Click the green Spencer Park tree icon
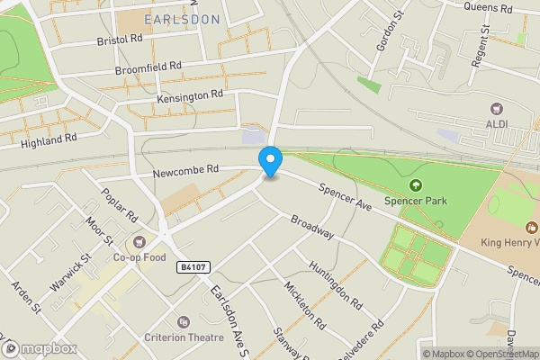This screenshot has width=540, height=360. coord(415,186)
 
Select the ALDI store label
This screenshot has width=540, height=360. coord(497,123)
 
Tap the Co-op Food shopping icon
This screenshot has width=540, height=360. coord(139,241)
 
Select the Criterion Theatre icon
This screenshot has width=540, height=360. coord(184,321)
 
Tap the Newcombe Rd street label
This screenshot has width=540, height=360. coord(186,169)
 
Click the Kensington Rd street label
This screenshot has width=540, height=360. coord(189,94)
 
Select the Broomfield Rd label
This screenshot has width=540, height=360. coord(148,67)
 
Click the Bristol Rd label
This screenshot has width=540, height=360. coord(119,40)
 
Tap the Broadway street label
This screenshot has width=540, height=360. coord(312,227)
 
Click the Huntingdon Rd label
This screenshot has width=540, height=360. coord(334,281)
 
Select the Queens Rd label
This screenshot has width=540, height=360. coord(488,8)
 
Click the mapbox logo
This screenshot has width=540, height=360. coord(37,348)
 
